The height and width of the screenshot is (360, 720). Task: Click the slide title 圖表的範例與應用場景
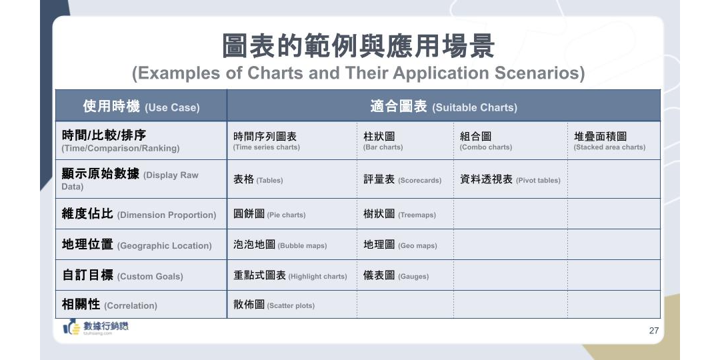[358, 47]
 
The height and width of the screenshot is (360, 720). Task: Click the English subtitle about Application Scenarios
[358, 73]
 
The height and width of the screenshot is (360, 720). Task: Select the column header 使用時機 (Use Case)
[141, 107]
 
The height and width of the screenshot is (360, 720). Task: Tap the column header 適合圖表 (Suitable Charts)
[443, 107]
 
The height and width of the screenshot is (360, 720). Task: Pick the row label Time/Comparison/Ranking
[121, 141]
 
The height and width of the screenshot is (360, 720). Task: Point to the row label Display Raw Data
[130, 179]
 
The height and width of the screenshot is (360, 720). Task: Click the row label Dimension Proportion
[139, 214]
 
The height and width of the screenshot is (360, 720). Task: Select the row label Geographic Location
[137, 245]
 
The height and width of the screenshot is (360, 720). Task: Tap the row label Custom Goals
[122, 275]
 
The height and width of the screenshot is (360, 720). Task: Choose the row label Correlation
[109, 305]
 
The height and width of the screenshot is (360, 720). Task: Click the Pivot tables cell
[510, 179]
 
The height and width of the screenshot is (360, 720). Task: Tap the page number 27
[653, 331]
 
